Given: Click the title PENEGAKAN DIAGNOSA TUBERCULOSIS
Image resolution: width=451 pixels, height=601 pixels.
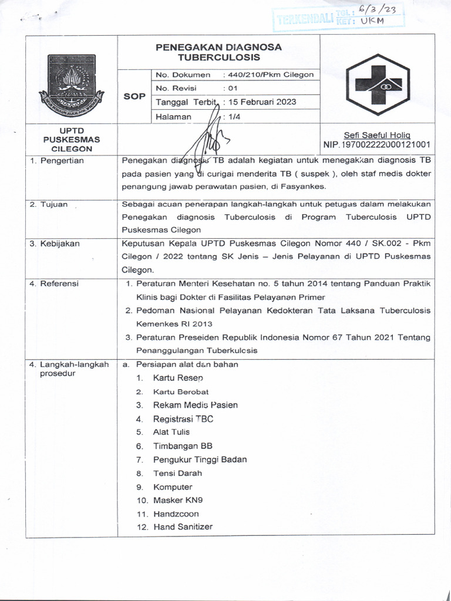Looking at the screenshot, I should click(218, 52).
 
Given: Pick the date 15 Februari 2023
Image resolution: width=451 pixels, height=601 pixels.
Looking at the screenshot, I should click(262, 102).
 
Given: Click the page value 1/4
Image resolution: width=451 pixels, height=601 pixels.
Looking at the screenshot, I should click(234, 116).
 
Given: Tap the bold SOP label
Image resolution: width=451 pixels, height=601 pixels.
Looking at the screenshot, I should click(134, 96).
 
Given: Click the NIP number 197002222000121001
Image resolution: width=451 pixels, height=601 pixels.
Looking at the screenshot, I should click(376, 144).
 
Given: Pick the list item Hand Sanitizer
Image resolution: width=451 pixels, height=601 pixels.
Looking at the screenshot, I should click(183, 526).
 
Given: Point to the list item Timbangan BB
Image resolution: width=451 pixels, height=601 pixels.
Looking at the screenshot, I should click(179, 445).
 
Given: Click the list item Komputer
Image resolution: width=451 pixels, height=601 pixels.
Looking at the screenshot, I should click(173, 487).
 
